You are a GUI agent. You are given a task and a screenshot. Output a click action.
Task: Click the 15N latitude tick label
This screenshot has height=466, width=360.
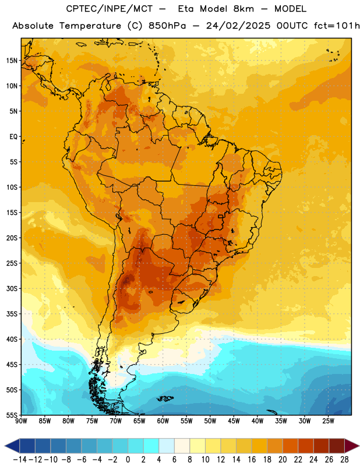pos(12,61)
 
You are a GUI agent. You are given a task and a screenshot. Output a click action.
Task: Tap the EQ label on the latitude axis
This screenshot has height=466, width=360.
pos(13,137)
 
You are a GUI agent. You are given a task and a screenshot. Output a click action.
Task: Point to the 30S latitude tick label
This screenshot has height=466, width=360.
pos(12,288)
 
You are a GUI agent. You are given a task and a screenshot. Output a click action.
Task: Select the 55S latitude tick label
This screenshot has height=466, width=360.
pos(12,415)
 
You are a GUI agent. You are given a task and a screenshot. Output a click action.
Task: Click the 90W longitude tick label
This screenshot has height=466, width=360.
pos(21,421)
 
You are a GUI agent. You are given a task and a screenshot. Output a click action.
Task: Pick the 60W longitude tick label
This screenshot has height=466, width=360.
pos(163,421)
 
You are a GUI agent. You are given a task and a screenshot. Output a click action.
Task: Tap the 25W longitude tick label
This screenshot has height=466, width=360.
pos(328,421)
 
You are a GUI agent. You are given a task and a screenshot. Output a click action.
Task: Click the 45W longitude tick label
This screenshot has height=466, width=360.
pos(234,421)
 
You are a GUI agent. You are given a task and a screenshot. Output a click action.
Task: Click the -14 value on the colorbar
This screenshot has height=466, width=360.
pos(20,460)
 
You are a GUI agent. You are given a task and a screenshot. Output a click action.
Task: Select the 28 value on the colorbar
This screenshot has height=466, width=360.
pos(344,460)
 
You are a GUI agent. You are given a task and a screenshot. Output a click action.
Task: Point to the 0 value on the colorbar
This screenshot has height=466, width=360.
pos(128,460)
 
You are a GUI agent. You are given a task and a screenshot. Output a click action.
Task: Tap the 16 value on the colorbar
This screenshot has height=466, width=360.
pos(252,460)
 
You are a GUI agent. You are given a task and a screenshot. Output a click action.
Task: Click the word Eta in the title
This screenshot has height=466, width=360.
pos(186,9)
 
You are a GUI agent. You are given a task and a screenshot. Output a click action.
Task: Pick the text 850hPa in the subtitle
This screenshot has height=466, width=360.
pos(167,26)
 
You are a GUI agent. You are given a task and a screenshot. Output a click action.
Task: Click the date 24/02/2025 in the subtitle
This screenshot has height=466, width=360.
pos(238,26)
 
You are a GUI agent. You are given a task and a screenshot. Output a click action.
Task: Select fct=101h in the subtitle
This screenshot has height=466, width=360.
pos(337,26)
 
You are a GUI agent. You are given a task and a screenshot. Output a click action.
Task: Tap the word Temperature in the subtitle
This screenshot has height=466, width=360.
pos(90,26)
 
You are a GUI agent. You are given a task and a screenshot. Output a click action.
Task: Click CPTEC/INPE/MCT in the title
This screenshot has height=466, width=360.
pos(110,9)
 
